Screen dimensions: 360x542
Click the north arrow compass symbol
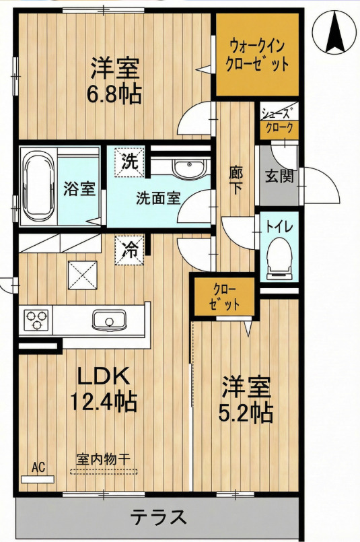[334, 32]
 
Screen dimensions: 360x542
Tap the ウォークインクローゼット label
[257, 55]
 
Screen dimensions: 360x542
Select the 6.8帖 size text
[114, 94]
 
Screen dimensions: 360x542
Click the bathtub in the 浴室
[39, 187]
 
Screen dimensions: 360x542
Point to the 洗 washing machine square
[129, 162]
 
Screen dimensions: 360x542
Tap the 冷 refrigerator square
[129, 250]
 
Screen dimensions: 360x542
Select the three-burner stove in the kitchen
[36, 320]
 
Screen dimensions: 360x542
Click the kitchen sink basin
[109, 319]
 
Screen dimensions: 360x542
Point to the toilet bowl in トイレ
[279, 259]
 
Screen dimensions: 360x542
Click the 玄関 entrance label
[279, 176]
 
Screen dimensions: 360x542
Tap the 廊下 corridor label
[236, 180]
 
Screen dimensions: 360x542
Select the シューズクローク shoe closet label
[279, 121]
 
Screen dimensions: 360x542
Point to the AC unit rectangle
[38, 479]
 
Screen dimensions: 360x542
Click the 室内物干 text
[104, 459]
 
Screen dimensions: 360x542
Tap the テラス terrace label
[159, 517]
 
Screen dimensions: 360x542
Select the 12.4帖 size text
[104, 401]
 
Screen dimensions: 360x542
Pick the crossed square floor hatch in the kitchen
[83, 275]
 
